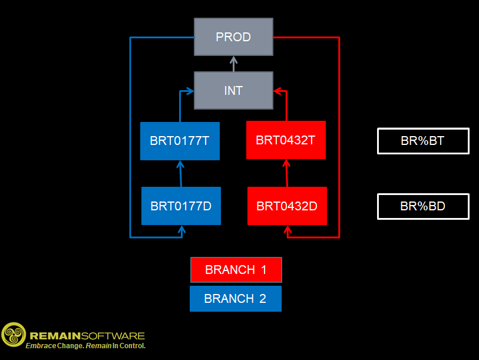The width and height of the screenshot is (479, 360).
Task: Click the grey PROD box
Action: [233, 37]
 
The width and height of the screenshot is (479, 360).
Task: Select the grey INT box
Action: [233, 91]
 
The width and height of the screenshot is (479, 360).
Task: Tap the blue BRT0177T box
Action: [180, 141]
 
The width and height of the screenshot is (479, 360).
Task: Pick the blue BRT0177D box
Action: [181, 206]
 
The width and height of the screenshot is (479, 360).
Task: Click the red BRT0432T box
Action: [286, 140]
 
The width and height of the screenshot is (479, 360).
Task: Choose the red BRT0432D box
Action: [287, 206]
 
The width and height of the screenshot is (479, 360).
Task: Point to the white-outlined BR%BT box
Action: [423, 141]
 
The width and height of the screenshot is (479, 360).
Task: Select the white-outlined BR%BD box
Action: [423, 206]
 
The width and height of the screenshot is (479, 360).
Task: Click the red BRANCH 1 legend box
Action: [236, 270]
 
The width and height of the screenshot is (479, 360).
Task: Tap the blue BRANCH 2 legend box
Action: [235, 299]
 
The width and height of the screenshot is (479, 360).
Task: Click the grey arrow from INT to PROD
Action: [233, 64]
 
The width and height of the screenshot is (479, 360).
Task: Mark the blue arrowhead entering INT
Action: [190, 91]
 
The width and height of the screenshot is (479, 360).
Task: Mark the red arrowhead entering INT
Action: [278, 91]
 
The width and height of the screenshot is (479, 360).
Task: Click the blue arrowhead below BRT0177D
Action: [182, 229]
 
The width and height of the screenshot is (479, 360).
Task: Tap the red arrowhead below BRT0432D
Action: [288, 229]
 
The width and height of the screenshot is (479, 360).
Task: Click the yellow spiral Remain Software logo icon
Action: [14, 334]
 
